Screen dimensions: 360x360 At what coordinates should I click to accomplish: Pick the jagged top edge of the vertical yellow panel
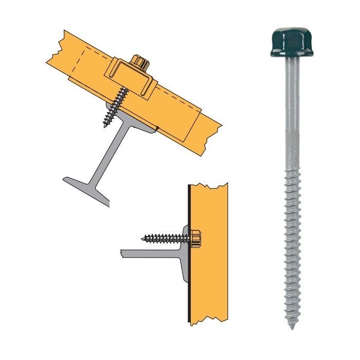[208, 185]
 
